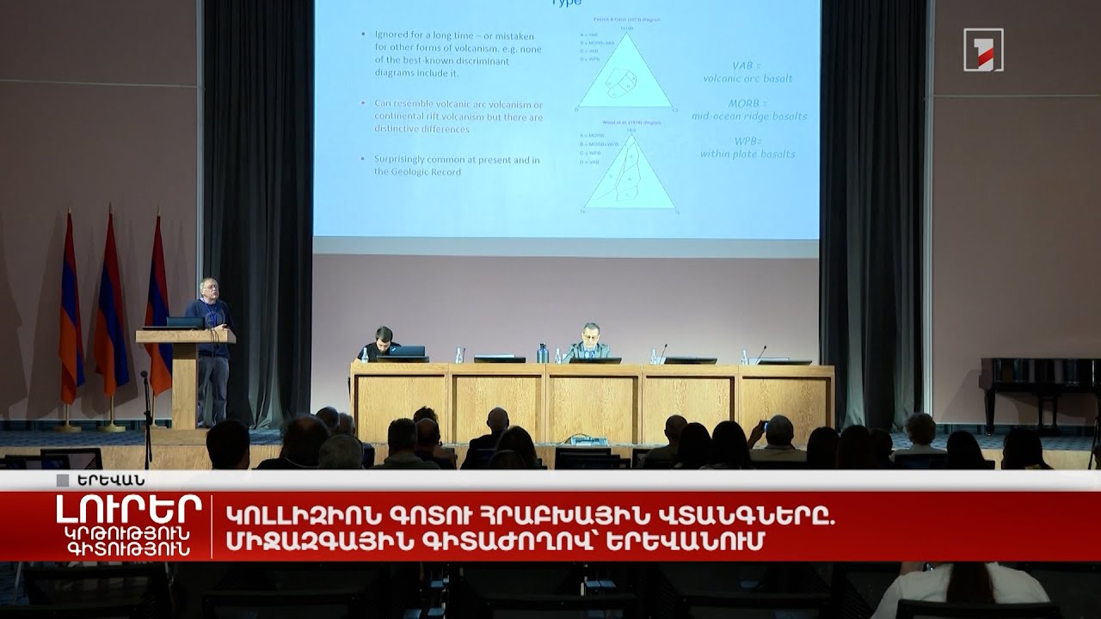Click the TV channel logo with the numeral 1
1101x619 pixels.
[x=983, y=50]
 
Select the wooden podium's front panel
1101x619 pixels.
[x=185, y=383]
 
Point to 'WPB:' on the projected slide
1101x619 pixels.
[x=747, y=140]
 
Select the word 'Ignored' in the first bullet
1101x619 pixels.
[x=392, y=34]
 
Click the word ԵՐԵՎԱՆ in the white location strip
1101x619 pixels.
[x=110, y=480]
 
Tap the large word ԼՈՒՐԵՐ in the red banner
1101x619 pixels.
[x=129, y=510]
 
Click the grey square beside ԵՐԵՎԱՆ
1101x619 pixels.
[x=62, y=481]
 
